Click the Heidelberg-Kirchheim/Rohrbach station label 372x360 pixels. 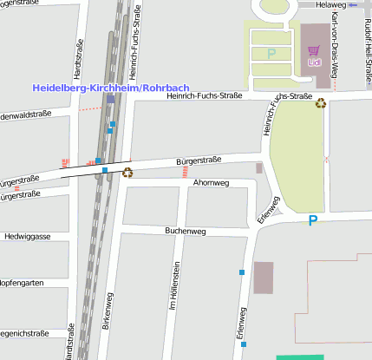[111, 88]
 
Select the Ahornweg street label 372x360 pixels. [211, 183]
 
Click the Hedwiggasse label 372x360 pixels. [28, 236]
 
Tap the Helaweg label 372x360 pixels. [330, 4]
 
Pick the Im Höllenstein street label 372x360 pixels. [173, 286]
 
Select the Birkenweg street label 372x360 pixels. [108, 310]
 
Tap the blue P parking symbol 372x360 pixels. [313, 222]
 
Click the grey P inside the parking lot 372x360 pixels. [271, 54]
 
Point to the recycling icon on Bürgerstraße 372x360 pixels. [127, 172]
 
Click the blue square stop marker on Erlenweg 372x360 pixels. [242, 272]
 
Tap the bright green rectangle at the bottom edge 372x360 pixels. [299, 357]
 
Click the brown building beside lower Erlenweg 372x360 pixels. [263, 278]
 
